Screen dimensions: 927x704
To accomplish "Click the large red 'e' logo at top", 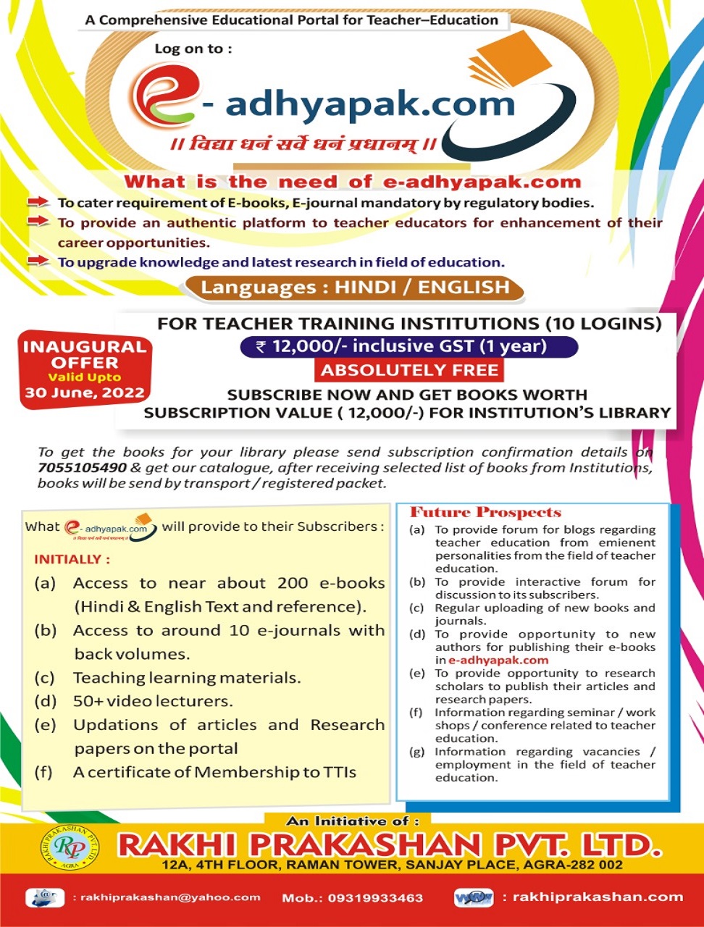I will point(164,98).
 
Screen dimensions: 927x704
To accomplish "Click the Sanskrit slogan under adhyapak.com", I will point(303,144).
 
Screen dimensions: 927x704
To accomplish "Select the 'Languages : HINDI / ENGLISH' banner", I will point(355,288).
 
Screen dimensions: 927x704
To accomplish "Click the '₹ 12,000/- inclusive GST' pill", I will point(409,347).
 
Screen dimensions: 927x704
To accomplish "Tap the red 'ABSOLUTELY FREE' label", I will point(410,371).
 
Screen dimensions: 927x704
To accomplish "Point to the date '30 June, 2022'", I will point(85,393).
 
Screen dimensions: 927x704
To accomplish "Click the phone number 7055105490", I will point(83,468).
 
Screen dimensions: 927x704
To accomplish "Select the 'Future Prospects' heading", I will point(485,513).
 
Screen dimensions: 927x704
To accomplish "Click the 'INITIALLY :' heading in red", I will point(72,559).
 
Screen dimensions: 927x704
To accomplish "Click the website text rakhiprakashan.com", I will point(598,897).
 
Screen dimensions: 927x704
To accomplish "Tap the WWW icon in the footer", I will point(474,898).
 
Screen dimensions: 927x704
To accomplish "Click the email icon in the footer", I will point(45,898).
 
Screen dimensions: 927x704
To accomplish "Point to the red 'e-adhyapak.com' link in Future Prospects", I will point(498,660).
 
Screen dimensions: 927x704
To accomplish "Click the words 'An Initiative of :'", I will point(353,821).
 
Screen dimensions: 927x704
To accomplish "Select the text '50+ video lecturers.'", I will point(153,701).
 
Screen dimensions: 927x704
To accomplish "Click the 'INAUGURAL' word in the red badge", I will point(85,347).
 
